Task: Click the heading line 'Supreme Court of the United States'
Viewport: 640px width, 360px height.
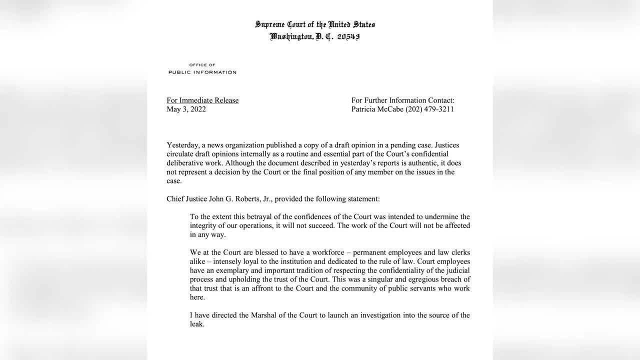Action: [315, 24]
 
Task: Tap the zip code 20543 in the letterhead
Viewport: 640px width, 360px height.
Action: [348, 36]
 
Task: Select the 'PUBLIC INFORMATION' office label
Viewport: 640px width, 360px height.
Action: [202, 72]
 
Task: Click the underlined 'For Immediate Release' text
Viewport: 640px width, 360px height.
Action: [202, 100]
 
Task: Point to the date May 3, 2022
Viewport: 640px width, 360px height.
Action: [186, 109]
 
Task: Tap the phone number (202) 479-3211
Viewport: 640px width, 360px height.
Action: [429, 109]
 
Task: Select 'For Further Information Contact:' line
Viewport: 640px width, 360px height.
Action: [403, 100]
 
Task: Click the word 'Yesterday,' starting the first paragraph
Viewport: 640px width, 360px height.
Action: [182, 145]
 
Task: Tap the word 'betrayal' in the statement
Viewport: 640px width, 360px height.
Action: [259, 217]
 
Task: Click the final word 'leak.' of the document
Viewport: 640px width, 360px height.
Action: [197, 324]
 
